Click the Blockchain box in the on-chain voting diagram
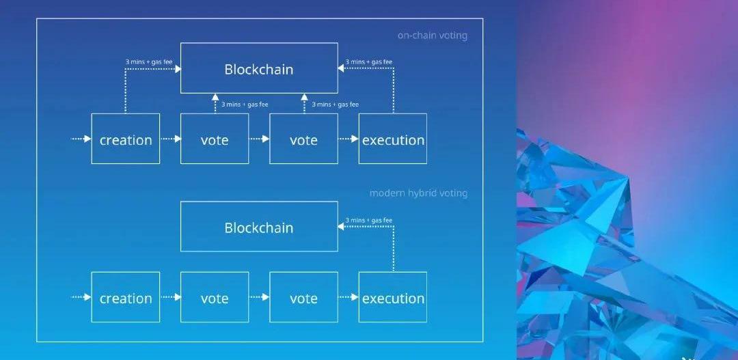pos(259,68)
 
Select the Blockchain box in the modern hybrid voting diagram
pos(259,227)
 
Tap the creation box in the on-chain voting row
pos(126,139)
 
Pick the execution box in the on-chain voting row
pos(393,139)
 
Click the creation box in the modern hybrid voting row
pos(126,298)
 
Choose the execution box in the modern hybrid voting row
pos(393,298)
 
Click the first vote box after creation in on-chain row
pos(215,139)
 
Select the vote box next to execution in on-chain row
pos(303,139)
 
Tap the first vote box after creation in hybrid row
pos(215,298)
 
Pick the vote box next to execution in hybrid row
pos(303,298)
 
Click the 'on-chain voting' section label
pos(433,36)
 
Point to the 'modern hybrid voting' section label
pos(418,193)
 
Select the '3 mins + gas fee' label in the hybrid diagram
pos(369,220)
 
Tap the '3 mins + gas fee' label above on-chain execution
pos(369,62)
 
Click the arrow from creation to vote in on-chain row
pos(170,139)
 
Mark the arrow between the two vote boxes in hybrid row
pos(259,297)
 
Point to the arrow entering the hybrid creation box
pos(81,297)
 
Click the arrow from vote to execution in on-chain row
pos(348,139)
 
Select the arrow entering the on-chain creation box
pos(81,139)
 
